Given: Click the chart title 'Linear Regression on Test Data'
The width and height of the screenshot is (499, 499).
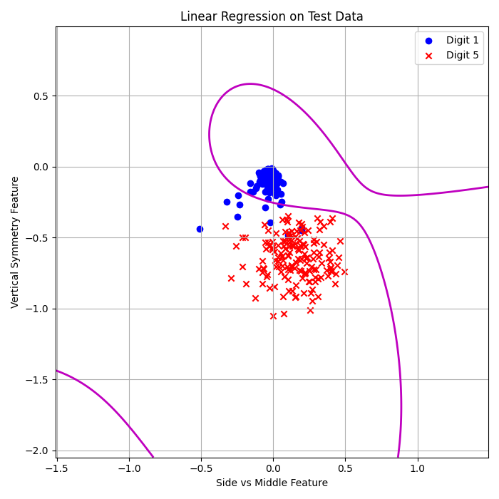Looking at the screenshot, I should (x=272, y=16).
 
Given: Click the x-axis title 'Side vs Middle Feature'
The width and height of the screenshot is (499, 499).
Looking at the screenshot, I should (x=272, y=483).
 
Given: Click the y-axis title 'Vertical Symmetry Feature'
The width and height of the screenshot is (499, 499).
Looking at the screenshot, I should (x=15, y=242).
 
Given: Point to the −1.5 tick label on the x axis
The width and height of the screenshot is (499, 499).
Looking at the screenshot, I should (x=56, y=468).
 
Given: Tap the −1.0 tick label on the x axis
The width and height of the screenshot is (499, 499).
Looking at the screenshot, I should (x=128, y=468).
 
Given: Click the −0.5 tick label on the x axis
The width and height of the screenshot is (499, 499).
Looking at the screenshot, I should (x=200, y=468).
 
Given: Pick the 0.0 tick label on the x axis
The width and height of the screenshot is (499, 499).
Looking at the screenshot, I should (x=273, y=468).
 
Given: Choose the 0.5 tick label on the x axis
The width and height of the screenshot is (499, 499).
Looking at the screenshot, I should (x=345, y=468).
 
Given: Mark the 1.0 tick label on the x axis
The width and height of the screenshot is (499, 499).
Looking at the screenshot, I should (x=417, y=468).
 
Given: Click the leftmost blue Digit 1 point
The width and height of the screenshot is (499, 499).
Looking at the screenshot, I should (x=200, y=229).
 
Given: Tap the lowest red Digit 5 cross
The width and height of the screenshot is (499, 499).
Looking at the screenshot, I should (x=273, y=316).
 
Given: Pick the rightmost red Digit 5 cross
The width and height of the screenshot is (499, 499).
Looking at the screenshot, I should (x=344, y=272).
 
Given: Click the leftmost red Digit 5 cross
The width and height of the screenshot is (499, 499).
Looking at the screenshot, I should (x=225, y=226).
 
